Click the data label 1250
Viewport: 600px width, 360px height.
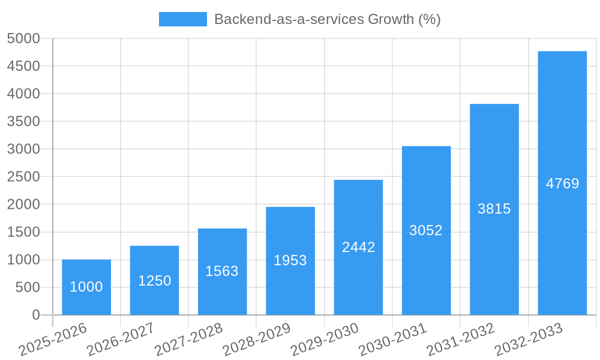154,281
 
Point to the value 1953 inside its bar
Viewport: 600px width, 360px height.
290,260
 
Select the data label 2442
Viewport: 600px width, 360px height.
358,247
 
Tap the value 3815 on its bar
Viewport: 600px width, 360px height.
494,209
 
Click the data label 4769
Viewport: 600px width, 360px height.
562,184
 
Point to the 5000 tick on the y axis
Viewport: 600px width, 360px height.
23,38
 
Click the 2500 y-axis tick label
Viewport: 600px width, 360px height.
23,177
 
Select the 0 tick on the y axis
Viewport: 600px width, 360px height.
35,315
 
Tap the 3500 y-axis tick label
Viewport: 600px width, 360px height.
23,122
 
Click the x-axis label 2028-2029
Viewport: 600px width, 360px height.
257,339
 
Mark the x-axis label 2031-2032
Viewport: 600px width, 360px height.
461,339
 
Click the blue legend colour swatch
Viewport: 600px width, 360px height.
182,19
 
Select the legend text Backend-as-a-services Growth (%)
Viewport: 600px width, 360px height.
327,19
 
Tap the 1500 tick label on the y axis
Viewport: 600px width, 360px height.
23,232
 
